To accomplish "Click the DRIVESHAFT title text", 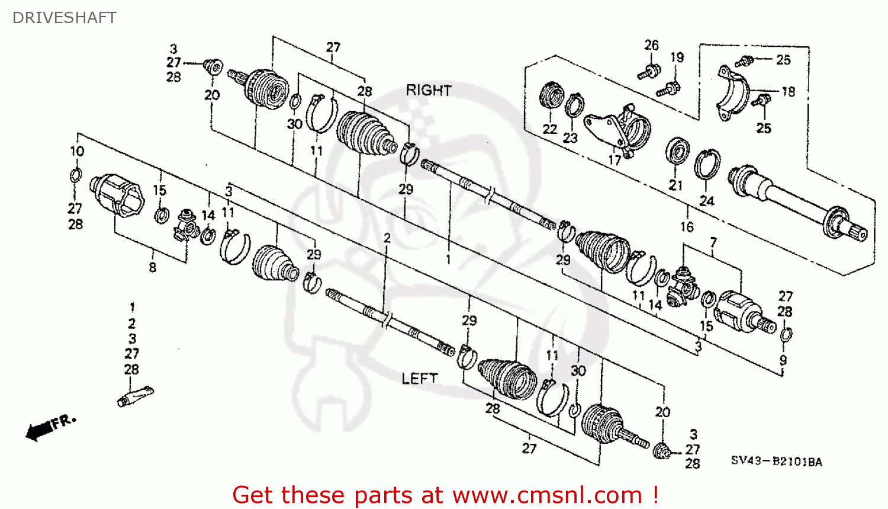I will point(64,18).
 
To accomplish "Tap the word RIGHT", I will point(429,91).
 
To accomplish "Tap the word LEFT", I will point(420,378).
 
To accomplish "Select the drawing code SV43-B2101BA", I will point(776,461).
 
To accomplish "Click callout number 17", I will point(615,160).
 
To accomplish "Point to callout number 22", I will point(550,129).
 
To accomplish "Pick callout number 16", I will point(687,226).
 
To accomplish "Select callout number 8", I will point(153,267).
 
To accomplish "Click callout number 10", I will point(77,151).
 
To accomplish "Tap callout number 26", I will point(651,45).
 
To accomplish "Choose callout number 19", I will point(677,57).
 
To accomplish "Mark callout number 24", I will point(707,201).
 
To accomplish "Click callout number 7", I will point(713,242).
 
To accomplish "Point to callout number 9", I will point(783,360).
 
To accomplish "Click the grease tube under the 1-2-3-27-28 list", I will point(135,396).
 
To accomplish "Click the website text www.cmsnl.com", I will point(548,495).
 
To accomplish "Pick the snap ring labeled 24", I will point(707,165).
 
